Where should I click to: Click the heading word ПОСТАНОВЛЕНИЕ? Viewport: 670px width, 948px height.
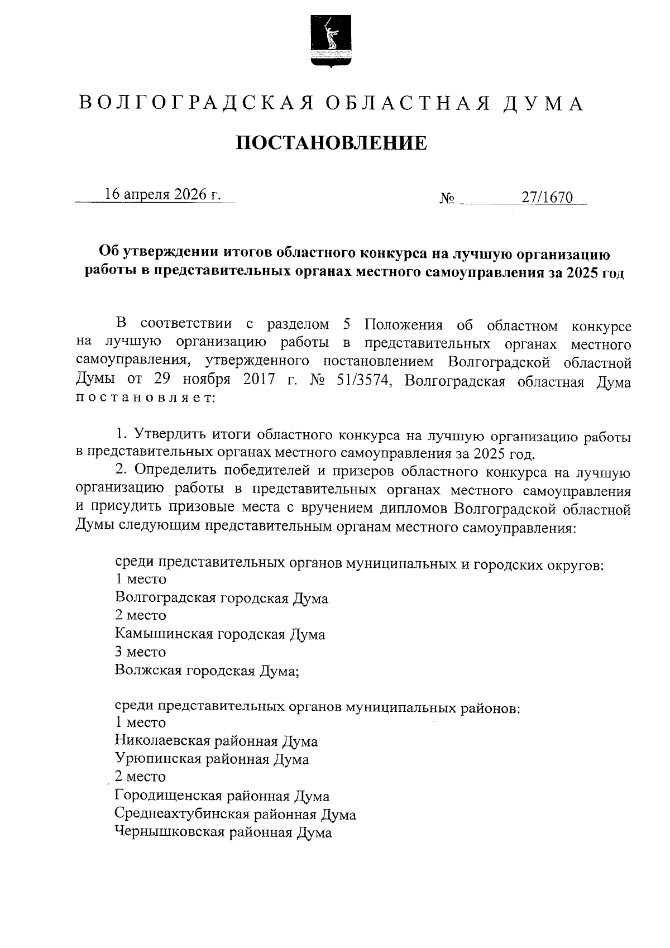(x=331, y=143)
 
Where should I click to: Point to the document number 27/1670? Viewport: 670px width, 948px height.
(x=548, y=197)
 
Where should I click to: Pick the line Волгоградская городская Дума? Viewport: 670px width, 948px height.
(x=222, y=598)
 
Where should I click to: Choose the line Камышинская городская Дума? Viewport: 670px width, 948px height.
(x=220, y=634)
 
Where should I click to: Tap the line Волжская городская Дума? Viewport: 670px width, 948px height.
(x=207, y=670)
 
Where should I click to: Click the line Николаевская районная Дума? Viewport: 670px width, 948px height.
(x=216, y=741)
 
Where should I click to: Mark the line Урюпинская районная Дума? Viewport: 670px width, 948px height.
(x=212, y=759)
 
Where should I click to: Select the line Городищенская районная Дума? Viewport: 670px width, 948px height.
(x=222, y=796)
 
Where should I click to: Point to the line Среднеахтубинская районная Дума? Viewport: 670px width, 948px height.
(x=235, y=814)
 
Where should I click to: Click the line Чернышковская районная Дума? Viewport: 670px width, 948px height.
(x=223, y=832)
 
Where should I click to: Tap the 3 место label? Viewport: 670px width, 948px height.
(x=140, y=652)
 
